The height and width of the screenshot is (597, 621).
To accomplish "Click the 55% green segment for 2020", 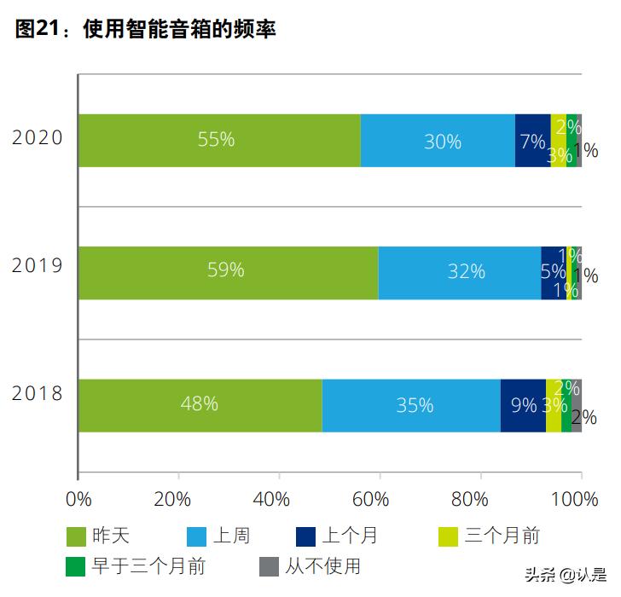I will (x=218, y=141).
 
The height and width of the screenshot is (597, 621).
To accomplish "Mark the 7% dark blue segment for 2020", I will (x=532, y=141).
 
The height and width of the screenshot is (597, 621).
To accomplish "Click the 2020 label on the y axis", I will (x=38, y=137).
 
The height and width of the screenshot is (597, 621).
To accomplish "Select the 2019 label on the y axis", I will (x=38, y=265).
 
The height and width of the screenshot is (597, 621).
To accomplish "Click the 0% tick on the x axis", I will (x=78, y=499).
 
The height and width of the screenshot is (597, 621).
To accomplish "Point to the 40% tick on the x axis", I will (x=278, y=499).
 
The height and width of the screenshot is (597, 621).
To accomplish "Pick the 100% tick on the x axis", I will (x=580, y=499).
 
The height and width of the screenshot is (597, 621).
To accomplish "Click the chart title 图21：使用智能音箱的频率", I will (x=145, y=30).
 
